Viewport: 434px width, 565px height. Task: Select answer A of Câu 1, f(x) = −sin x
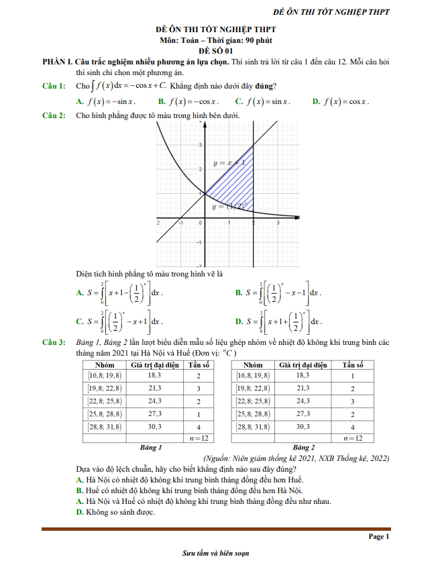(x=107, y=102)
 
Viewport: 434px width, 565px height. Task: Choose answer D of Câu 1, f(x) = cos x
(x=341, y=102)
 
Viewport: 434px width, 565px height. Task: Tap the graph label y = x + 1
(x=229, y=163)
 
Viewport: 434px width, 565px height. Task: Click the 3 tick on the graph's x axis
(x=278, y=223)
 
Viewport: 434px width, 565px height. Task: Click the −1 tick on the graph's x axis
(x=180, y=223)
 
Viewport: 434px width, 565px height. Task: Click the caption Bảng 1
(x=150, y=447)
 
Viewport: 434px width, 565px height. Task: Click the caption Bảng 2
(x=304, y=447)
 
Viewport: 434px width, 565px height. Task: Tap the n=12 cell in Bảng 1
(x=198, y=438)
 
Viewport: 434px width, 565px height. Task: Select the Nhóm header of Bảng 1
(x=103, y=365)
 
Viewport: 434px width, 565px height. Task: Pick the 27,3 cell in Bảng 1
(x=154, y=414)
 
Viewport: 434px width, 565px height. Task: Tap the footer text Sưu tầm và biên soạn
(x=216, y=554)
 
